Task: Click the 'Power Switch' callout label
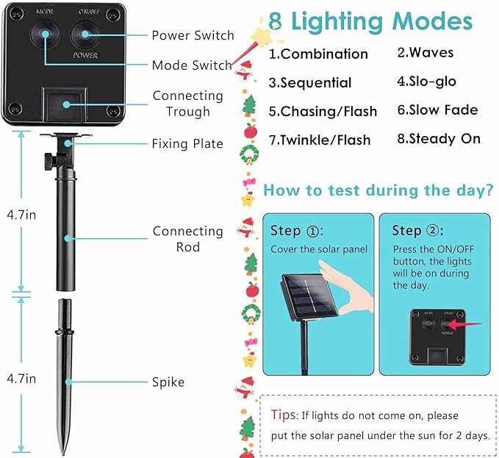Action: point(193,35)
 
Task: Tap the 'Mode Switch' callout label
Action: point(192,65)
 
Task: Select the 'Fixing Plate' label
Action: point(187,143)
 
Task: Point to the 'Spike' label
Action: point(168,382)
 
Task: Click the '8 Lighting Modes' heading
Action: point(370,21)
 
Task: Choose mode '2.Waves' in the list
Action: point(426,52)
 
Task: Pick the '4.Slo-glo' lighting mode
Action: point(426,82)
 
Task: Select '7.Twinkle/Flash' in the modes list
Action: point(320,140)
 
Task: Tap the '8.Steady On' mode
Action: point(439,139)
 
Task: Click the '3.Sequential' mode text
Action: point(310,83)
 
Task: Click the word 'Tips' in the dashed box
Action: point(283,415)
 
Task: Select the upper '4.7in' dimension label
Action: point(21,215)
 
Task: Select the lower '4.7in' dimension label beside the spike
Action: point(21,379)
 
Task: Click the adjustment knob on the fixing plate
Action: point(49,162)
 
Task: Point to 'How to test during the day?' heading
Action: point(378,190)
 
